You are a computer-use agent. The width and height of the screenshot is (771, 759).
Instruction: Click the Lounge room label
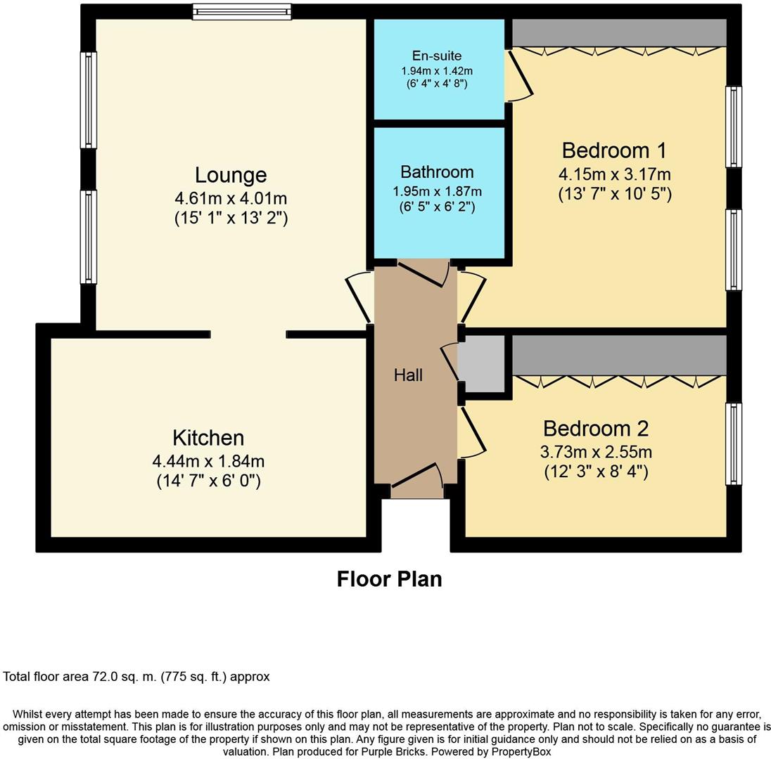point(231,175)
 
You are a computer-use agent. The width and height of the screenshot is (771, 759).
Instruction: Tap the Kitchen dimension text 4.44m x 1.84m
point(208,462)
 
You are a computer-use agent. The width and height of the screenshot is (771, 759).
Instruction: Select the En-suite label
point(437,56)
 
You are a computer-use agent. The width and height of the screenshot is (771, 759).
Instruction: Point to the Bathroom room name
point(437,172)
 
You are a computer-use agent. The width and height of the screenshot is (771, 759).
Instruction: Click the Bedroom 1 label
point(614,150)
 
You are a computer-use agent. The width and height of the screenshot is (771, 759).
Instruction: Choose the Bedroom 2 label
point(595,428)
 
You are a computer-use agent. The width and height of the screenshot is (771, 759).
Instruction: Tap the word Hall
point(408,375)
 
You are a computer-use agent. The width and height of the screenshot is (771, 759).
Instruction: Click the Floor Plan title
point(389,579)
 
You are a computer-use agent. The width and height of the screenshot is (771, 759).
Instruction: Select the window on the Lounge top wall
point(241,11)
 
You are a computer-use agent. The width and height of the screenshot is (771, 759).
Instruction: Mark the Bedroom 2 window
point(733,443)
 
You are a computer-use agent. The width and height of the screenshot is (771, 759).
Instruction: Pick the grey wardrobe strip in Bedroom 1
point(618,32)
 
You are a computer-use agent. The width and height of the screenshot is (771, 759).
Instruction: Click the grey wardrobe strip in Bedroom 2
point(618,355)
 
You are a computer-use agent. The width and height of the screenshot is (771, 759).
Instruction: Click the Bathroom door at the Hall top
point(423,273)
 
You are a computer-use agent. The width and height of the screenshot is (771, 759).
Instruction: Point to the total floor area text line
point(136,677)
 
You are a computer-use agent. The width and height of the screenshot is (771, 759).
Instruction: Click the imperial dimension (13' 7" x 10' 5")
point(615,194)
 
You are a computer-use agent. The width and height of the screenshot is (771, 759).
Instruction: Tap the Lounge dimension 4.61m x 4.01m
point(231,199)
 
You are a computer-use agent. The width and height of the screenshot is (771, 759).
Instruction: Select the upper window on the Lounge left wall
point(89,100)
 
